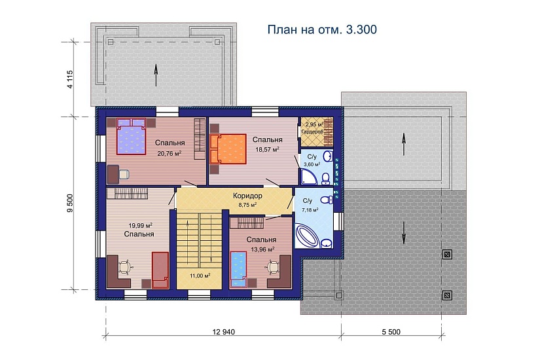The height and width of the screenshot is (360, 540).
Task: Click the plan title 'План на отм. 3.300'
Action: [x=323, y=30]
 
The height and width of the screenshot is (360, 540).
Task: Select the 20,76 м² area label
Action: [x=170, y=153]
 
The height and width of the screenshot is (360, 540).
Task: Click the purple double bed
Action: [x=132, y=137]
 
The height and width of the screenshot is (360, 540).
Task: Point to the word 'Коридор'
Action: [x=247, y=196]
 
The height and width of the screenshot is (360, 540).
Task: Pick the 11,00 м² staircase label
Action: [x=199, y=276]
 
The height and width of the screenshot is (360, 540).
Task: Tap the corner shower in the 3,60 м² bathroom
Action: [x=308, y=176]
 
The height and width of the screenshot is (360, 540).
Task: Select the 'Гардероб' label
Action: [x=312, y=132]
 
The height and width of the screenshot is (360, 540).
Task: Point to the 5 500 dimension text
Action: [x=390, y=333]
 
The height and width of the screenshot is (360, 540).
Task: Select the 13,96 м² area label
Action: [x=261, y=249]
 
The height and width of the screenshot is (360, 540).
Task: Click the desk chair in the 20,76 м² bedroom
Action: [x=124, y=173]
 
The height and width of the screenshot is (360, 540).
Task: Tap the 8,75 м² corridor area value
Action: [x=247, y=204]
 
